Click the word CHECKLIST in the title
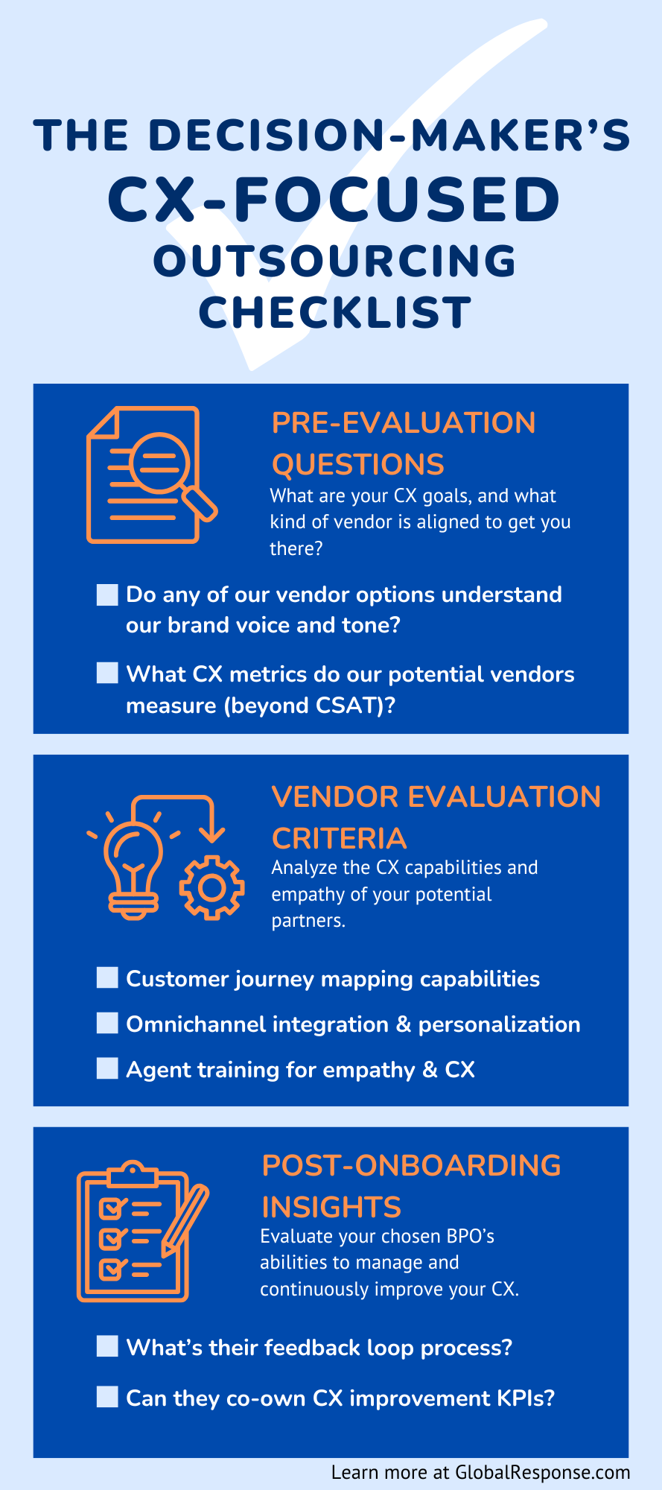point(334,312)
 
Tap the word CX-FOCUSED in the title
point(334,200)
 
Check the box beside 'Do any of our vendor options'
point(107,595)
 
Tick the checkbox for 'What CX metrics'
point(107,673)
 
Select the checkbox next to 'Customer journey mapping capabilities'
point(107,977)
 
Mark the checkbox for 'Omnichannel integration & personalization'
point(107,1023)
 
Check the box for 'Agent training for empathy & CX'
point(107,1068)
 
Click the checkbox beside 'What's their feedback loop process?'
point(107,1346)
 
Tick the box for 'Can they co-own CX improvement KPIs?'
point(107,1397)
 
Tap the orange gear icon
point(212,887)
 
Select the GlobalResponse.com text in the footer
point(543,1472)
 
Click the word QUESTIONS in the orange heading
point(357,465)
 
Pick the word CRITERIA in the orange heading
point(339,839)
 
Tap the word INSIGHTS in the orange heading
point(331,1207)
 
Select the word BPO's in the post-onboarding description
point(470,1237)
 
